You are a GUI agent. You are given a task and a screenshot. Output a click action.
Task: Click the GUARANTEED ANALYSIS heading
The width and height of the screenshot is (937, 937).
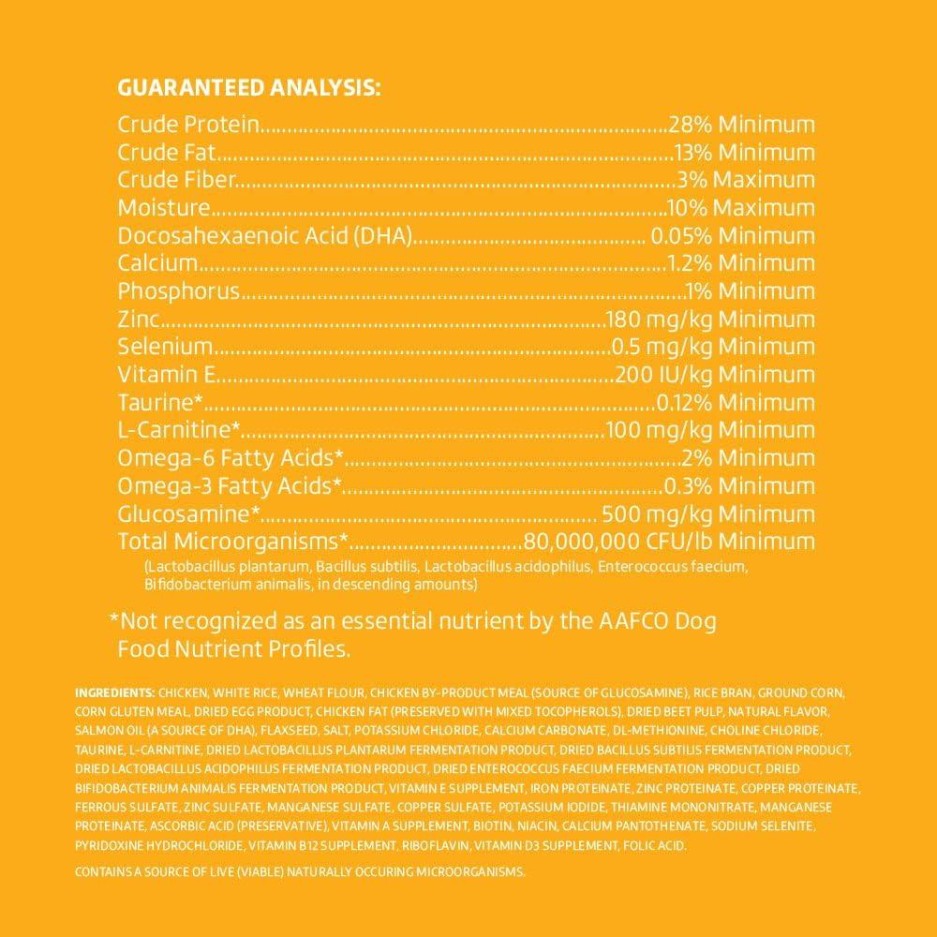[248, 89]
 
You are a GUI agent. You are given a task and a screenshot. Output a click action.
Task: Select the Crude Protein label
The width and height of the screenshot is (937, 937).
[187, 125]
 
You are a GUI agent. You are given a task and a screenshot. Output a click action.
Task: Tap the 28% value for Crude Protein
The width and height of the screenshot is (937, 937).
[687, 125]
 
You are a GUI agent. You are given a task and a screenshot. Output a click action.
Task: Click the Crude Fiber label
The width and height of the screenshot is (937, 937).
[175, 180]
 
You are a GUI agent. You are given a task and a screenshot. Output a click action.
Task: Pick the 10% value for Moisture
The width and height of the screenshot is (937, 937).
[684, 208]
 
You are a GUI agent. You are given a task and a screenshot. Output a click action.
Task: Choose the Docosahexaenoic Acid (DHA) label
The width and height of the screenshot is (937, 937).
[266, 236]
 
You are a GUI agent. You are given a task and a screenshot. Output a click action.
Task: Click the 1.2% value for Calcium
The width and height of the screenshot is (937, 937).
[689, 263]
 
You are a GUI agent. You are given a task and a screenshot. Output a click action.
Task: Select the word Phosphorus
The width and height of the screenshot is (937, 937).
[179, 291]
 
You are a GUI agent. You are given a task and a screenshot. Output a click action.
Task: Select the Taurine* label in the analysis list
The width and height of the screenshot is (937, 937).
[161, 403]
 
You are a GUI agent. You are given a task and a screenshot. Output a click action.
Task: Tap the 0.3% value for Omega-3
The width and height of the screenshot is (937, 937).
[684, 486]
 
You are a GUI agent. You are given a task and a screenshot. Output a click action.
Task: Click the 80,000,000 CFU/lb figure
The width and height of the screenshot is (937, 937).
[618, 542]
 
